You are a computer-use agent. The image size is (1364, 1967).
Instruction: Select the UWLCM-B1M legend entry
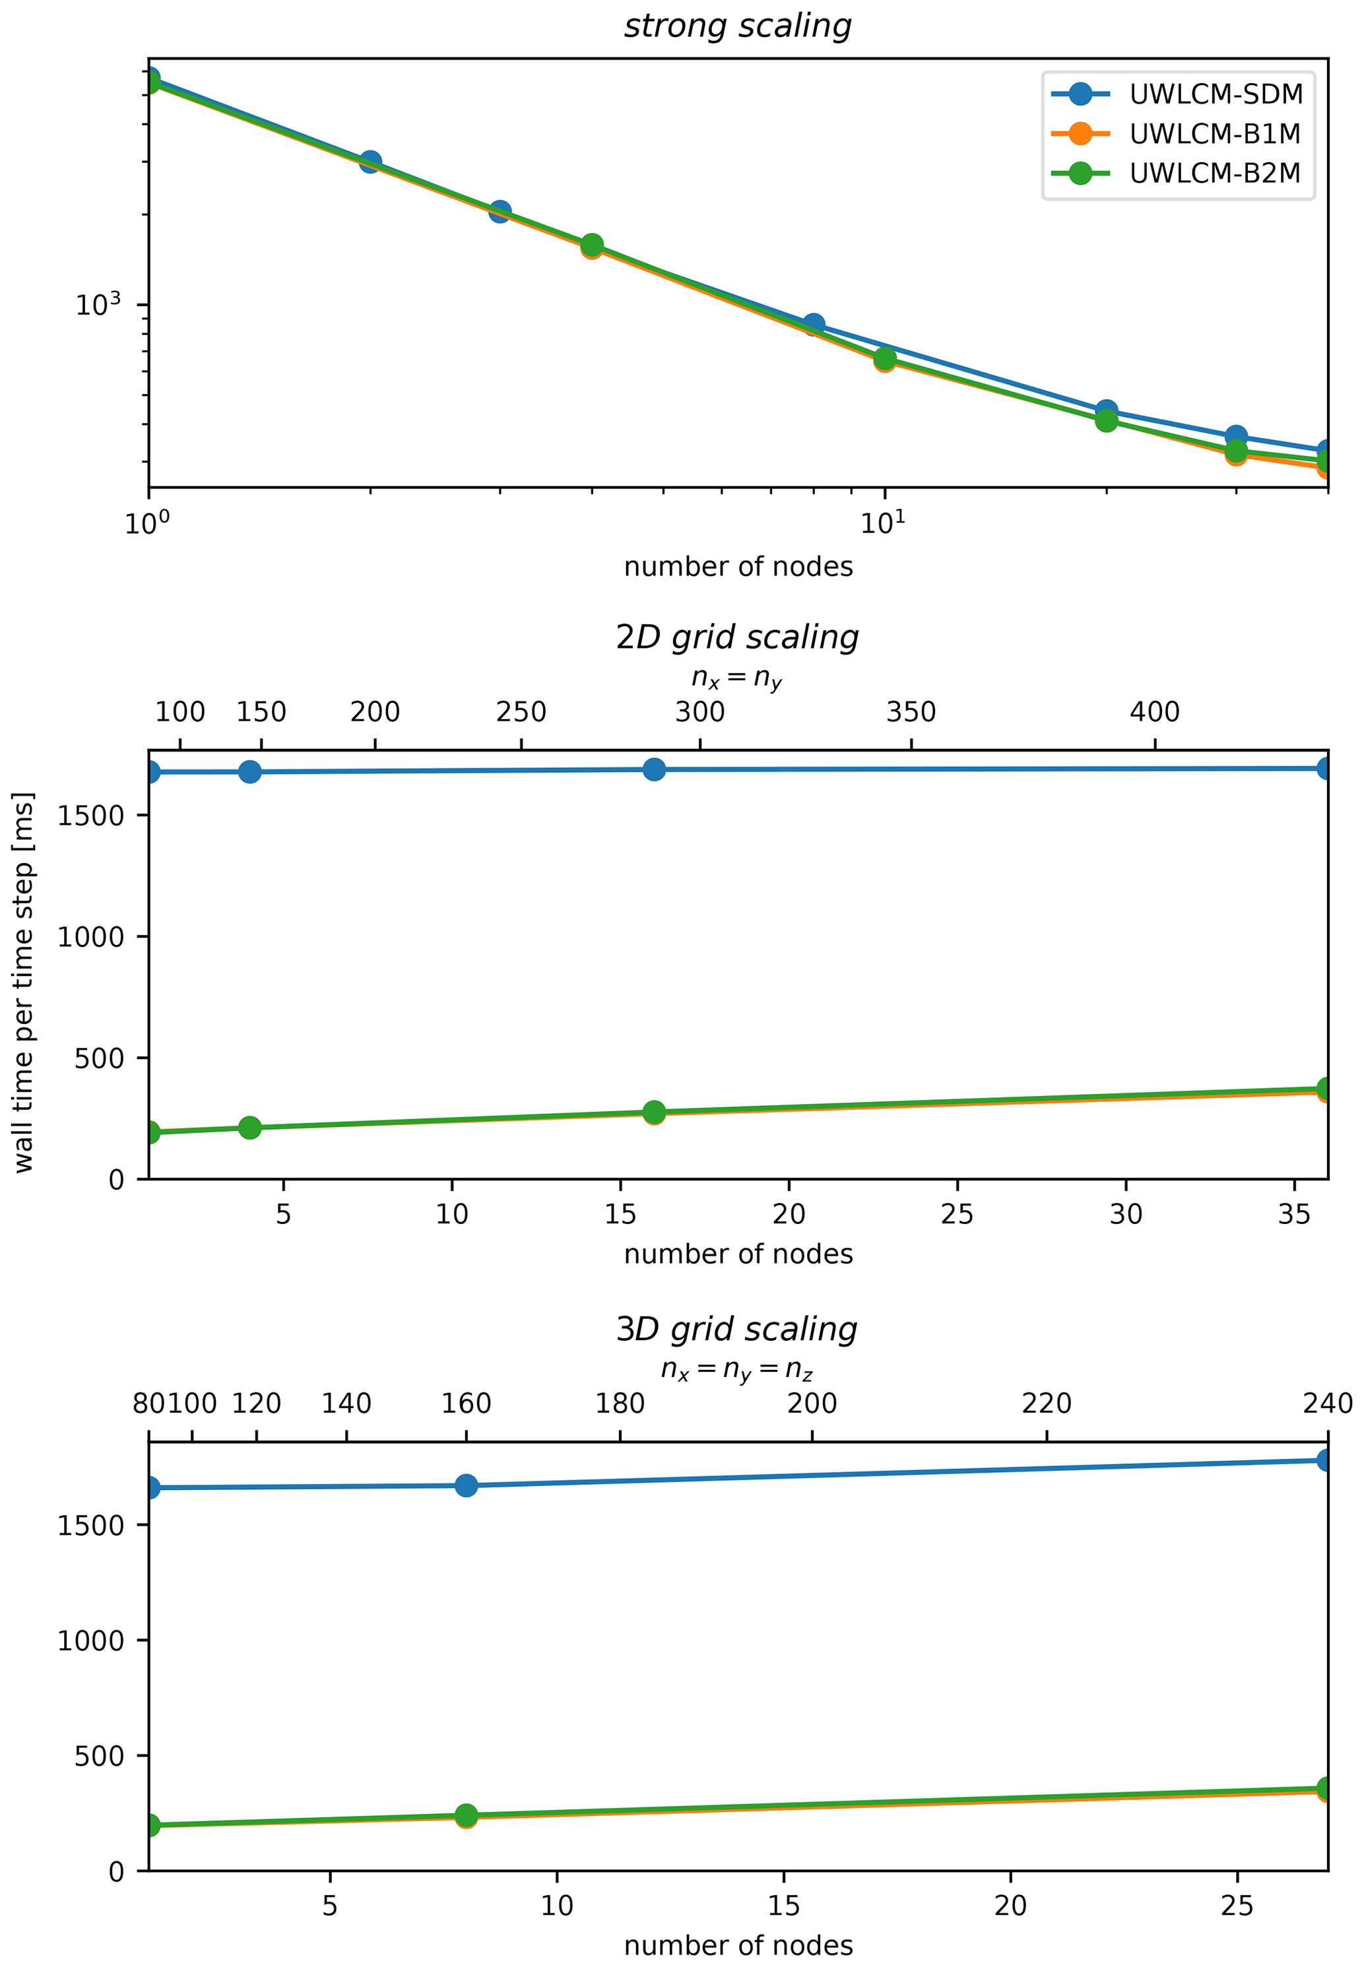click(x=1214, y=134)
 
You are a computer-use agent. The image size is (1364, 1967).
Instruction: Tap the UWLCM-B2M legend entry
click(x=1214, y=174)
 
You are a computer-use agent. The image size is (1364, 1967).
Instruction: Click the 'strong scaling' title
click(x=738, y=26)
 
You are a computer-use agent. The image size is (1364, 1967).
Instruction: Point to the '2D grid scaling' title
click(x=738, y=637)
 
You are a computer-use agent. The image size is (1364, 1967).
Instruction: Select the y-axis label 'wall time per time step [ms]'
click(x=24, y=982)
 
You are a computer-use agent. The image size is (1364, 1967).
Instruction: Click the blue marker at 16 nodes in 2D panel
click(x=654, y=770)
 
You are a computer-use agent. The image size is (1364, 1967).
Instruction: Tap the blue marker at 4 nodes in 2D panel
click(x=249, y=773)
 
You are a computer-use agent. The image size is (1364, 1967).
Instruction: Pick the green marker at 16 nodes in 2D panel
click(x=654, y=1112)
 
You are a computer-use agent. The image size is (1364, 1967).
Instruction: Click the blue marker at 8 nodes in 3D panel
click(x=466, y=1486)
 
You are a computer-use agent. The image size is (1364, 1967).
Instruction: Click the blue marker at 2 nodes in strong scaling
click(x=370, y=162)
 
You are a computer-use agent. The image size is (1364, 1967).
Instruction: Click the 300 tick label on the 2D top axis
click(x=700, y=712)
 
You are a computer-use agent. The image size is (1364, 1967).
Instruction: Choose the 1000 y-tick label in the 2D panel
click(x=90, y=938)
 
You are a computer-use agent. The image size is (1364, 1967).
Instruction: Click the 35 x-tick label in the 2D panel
click(x=1294, y=1214)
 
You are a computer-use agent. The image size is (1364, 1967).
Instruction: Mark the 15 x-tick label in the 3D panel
click(x=784, y=1906)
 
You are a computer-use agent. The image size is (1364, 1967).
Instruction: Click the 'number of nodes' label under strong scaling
click(x=738, y=567)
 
